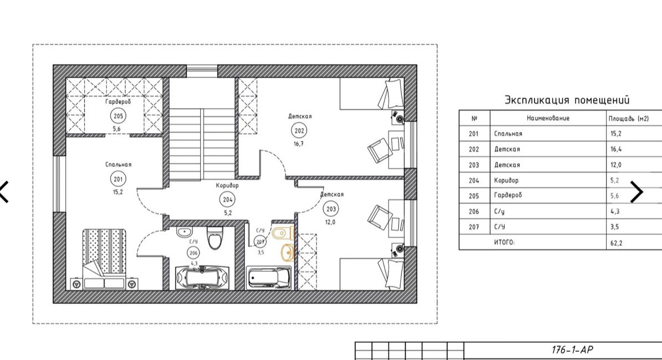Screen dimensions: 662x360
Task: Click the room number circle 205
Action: [x=118, y=116]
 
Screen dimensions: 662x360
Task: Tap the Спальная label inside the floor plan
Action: [x=118, y=164]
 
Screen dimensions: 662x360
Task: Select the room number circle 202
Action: [x=299, y=130]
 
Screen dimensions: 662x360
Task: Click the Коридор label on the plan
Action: [x=227, y=185]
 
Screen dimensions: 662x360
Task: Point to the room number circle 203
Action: [x=331, y=209]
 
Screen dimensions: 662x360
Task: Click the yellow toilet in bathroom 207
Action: [x=283, y=233]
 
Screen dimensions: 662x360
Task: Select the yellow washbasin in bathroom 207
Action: [x=287, y=252]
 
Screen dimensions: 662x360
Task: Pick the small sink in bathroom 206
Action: [x=184, y=232]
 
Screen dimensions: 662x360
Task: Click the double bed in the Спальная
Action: [x=104, y=258]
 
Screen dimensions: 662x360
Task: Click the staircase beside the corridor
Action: [x=202, y=144]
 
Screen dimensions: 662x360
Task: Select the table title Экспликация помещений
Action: [x=567, y=100]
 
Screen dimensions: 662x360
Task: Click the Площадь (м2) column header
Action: [x=628, y=118]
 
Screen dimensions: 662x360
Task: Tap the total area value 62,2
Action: [x=616, y=243]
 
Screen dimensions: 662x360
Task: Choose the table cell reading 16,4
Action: [x=616, y=149]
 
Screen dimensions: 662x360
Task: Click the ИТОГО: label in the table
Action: [x=504, y=242]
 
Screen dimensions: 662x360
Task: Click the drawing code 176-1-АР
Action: [x=572, y=350]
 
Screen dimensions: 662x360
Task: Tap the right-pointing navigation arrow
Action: [x=636, y=192]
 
